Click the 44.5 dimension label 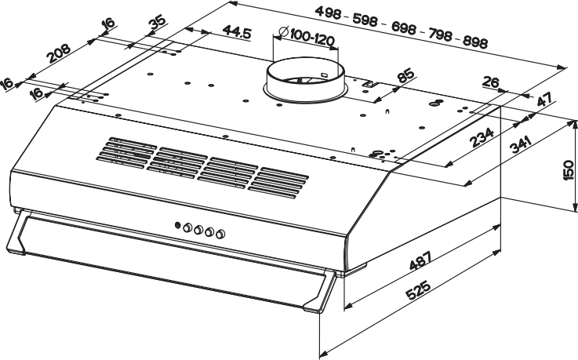[237, 32]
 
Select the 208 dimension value [59, 53]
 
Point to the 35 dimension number [158, 24]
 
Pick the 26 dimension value [491, 82]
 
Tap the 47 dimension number [544, 99]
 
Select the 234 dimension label [482, 136]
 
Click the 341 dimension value [520, 144]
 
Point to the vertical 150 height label [569, 170]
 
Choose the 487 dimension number [420, 260]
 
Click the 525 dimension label [418, 290]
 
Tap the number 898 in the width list [475, 42]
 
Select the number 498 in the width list [328, 13]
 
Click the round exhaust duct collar [306, 78]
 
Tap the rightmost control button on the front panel [221, 234]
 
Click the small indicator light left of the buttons [177, 225]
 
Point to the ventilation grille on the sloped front [202, 168]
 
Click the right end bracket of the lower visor [320, 291]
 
